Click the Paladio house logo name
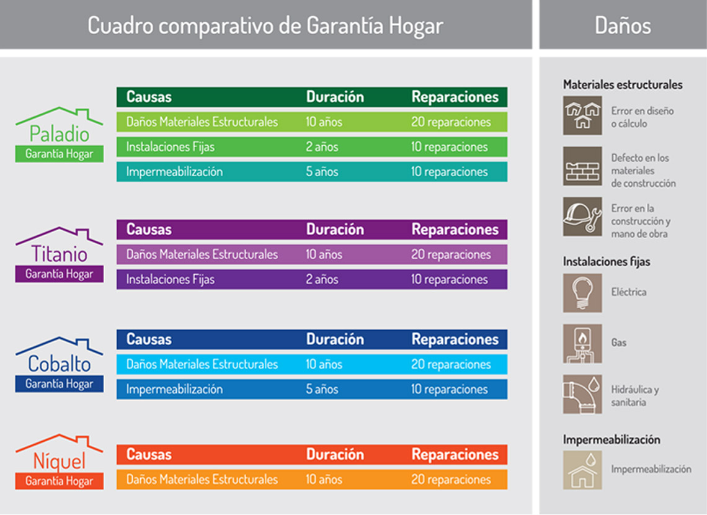[59, 134]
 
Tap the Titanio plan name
[59, 254]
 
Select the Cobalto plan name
[59, 364]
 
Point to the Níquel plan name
[59, 462]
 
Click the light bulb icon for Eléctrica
[582, 293]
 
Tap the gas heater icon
[582, 343]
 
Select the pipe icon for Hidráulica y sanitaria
[582, 393]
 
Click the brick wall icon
[582, 166]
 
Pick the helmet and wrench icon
[582, 217]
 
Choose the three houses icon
[582, 115]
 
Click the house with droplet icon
[582, 470]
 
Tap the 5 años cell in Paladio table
[322, 172]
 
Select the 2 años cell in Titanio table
[322, 280]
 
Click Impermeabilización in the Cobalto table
[174, 389]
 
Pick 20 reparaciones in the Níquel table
[451, 480]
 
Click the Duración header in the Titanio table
[335, 230]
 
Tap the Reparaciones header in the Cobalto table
[455, 339]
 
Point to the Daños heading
[623, 25]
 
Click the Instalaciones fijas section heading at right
[607, 262]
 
